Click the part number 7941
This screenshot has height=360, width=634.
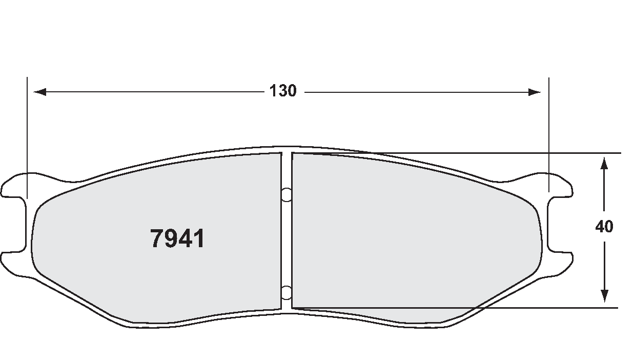(x=177, y=239)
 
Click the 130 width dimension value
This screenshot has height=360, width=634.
(x=283, y=91)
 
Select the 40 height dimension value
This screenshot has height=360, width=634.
(x=605, y=227)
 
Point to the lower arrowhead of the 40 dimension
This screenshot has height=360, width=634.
(x=605, y=296)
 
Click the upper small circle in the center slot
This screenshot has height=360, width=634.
(x=287, y=194)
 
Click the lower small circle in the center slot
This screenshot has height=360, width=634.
(x=287, y=292)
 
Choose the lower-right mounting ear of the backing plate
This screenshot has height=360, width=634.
(x=561, y=259)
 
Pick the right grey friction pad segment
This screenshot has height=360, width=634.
(x=410, y=231)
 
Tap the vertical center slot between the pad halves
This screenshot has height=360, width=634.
(x=287, y=241)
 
